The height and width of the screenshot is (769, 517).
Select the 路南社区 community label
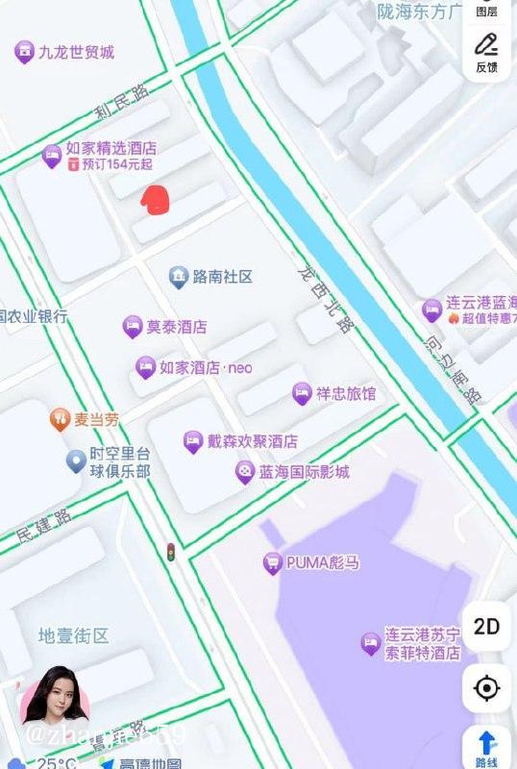point(222,277)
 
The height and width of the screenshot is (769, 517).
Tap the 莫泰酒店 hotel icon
point(133,327)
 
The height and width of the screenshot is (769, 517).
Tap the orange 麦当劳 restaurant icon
point(60,419)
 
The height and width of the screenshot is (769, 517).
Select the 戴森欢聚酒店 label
point(252,442)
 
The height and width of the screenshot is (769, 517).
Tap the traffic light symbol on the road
point(171,553)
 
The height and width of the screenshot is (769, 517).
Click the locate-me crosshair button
point(487,688)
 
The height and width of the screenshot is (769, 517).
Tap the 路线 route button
point(487,747)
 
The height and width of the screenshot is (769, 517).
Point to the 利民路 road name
point(122,104)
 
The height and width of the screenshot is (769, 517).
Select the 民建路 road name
point(44,525)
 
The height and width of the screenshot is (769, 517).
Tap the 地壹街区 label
point(74,635)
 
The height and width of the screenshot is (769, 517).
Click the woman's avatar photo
point(55,697)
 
